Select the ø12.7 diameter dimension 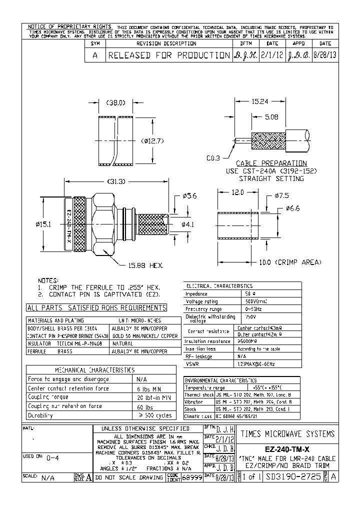tap(152, 140)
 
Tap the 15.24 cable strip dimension tap(260, 101)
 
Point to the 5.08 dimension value tap(271, 117)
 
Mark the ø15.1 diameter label tap(44, 225)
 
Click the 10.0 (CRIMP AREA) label tap(286, 262)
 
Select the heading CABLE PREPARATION tap(271, 163)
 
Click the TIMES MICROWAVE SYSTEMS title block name tap(287, 433)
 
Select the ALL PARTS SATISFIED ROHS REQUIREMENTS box tap(96, 308)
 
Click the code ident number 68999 tap(192, 477)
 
